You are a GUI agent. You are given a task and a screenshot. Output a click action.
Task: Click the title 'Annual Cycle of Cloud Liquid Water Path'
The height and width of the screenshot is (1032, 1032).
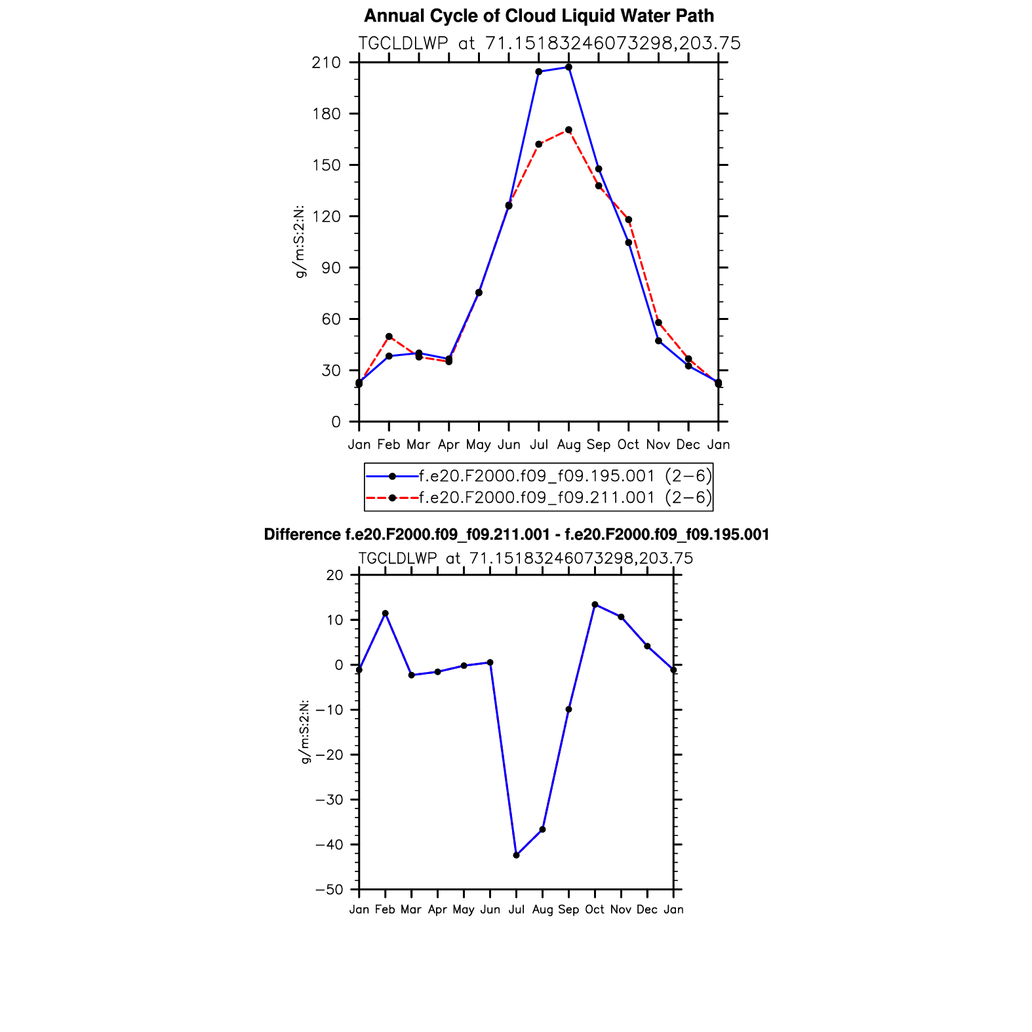(x=538, y=16)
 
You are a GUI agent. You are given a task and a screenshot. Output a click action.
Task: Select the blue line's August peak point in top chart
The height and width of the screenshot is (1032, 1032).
(x=568, y=67)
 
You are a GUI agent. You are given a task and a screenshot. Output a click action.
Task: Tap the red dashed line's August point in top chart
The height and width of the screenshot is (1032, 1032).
(x=568, y=130)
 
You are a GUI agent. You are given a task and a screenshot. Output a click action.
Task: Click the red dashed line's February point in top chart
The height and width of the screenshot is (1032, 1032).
(x=389, y=336)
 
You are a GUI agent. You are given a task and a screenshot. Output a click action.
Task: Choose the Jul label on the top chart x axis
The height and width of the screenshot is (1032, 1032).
(x=539, y=445)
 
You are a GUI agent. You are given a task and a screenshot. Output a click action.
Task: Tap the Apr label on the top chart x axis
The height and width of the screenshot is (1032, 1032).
(x=448, y=445)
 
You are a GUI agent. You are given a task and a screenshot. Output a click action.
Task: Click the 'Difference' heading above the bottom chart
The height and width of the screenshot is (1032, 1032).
(x=516, y=535)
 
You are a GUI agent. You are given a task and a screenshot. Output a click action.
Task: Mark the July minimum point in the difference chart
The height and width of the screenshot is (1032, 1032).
(x=516, y=855)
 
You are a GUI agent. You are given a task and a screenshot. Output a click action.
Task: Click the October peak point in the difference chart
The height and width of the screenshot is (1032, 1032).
(x=595, y=605)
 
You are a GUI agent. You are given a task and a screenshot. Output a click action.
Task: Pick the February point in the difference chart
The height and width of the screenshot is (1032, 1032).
(x=385, y=614)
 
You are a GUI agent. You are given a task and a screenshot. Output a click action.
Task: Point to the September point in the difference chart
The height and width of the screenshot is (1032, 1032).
(x=568, y=709)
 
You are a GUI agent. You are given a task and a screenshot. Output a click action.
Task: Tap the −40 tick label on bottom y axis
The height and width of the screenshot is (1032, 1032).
(x=329, y=844)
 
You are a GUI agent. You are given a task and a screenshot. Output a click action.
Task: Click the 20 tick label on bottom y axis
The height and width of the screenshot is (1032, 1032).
(x=334, y=575)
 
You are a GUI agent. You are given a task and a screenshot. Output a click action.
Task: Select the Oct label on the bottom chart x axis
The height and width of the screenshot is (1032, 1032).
(x=595, y=909)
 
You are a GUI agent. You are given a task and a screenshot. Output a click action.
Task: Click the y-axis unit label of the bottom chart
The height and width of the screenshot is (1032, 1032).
(x=305, y=732)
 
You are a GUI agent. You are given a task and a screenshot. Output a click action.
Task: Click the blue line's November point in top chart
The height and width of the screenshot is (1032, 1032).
(x=658, y=341)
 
